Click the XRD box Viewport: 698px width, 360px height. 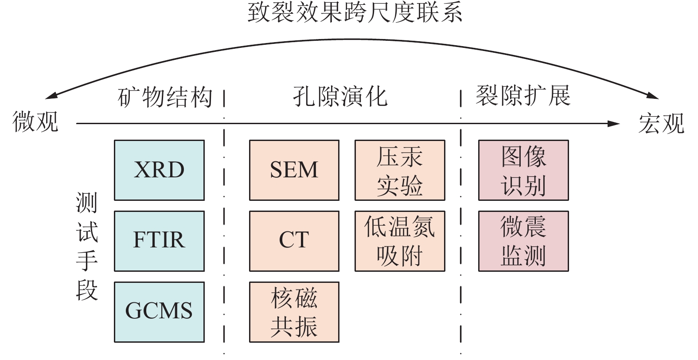(159, 170)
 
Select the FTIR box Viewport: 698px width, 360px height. (159, 241)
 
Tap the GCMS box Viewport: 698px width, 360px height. (159, 312)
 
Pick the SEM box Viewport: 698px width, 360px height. (294, 170)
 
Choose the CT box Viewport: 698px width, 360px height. (294, 241)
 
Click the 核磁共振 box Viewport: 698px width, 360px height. (294, 312)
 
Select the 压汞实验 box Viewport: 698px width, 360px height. (400, 170)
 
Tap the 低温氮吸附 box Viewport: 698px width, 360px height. (400, 241)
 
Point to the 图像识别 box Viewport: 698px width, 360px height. (523, 170)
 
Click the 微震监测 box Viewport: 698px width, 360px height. (523, 241)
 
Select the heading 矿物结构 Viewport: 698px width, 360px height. (165, 97)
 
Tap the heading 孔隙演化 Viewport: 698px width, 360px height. (340, 96)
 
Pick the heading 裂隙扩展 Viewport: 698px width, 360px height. (523, 95)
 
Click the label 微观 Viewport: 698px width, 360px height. (35, 121)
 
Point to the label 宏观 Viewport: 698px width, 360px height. (661, 123)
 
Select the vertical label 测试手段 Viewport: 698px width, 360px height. (87, 246)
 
